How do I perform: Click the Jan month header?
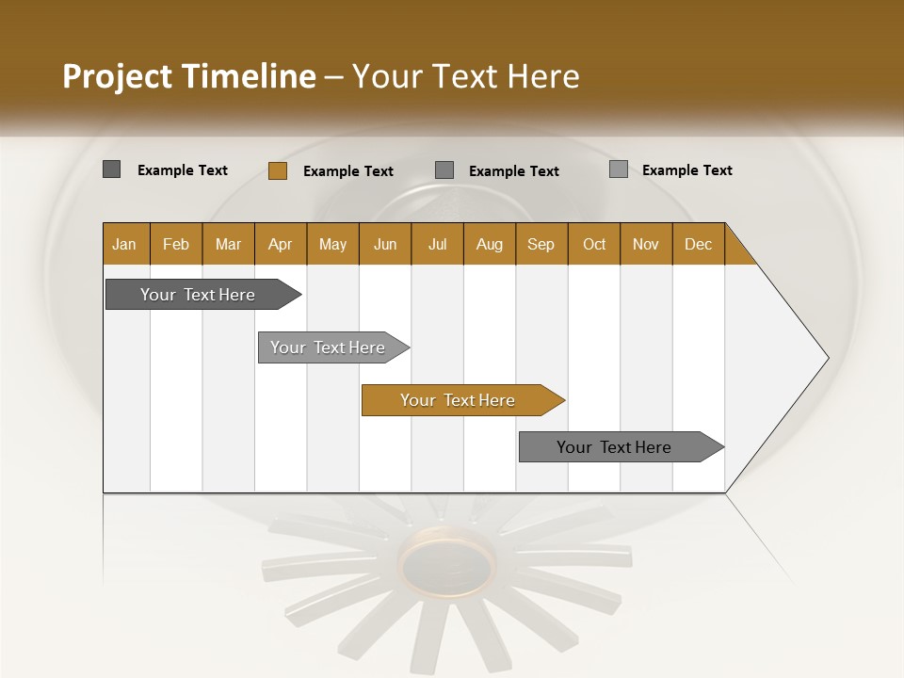(124, 244)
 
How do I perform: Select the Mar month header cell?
(228, 244)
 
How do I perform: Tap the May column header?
(332, 244)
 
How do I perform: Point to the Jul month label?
(437, 244)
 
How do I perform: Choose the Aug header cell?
(489, 244)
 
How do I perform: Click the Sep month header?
(541, 244)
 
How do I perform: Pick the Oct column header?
(594, 244)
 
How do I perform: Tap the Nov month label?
(646, 244)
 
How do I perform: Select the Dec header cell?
(698, 244)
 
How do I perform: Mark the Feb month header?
(176, 244)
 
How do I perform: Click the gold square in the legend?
(277, 170)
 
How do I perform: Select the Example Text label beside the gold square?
(347, 171)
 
